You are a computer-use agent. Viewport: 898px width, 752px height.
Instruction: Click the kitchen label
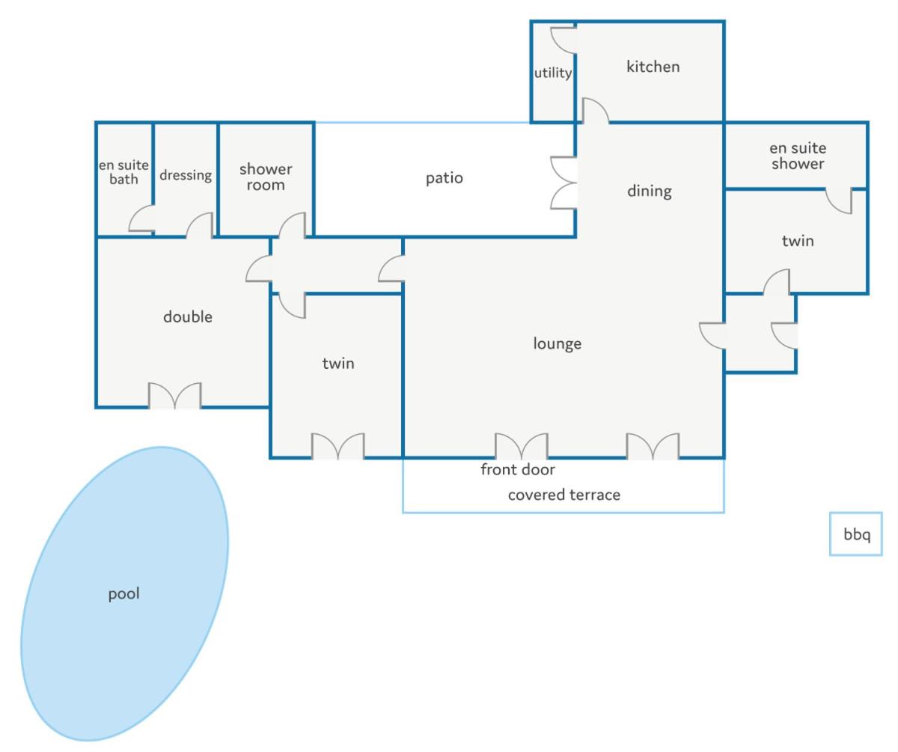(653, 67)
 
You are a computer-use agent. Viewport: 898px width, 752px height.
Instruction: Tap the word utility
(553, 73)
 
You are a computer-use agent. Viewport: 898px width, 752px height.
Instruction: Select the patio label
(445, 178)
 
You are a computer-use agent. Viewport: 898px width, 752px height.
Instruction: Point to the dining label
(650, 191)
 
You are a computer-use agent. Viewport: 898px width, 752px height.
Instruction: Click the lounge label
(557, 343)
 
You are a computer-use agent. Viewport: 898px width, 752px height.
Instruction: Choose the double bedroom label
(188, 317)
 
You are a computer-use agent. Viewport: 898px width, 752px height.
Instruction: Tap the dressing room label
(186, 175)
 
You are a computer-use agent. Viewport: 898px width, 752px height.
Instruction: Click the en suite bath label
(124, 171)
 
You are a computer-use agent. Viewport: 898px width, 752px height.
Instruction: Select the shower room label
(266, 177)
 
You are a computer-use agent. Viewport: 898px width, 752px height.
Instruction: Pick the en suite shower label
(798, 156)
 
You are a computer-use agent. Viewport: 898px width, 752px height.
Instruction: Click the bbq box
(856, 534)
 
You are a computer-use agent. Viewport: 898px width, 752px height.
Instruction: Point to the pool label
(124, 594)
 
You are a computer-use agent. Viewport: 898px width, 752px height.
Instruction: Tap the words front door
(518, 469)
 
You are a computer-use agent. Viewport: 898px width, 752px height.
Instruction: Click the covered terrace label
(564, 495)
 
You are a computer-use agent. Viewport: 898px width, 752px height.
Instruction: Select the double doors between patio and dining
(563, 183)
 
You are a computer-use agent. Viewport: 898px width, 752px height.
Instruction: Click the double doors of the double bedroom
(174, 396)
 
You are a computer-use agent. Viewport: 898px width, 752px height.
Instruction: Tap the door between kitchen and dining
(596, 111)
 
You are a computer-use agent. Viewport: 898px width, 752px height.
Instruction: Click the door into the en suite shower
(839, 201)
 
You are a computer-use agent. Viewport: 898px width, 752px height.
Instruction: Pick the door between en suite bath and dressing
(142, 218)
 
